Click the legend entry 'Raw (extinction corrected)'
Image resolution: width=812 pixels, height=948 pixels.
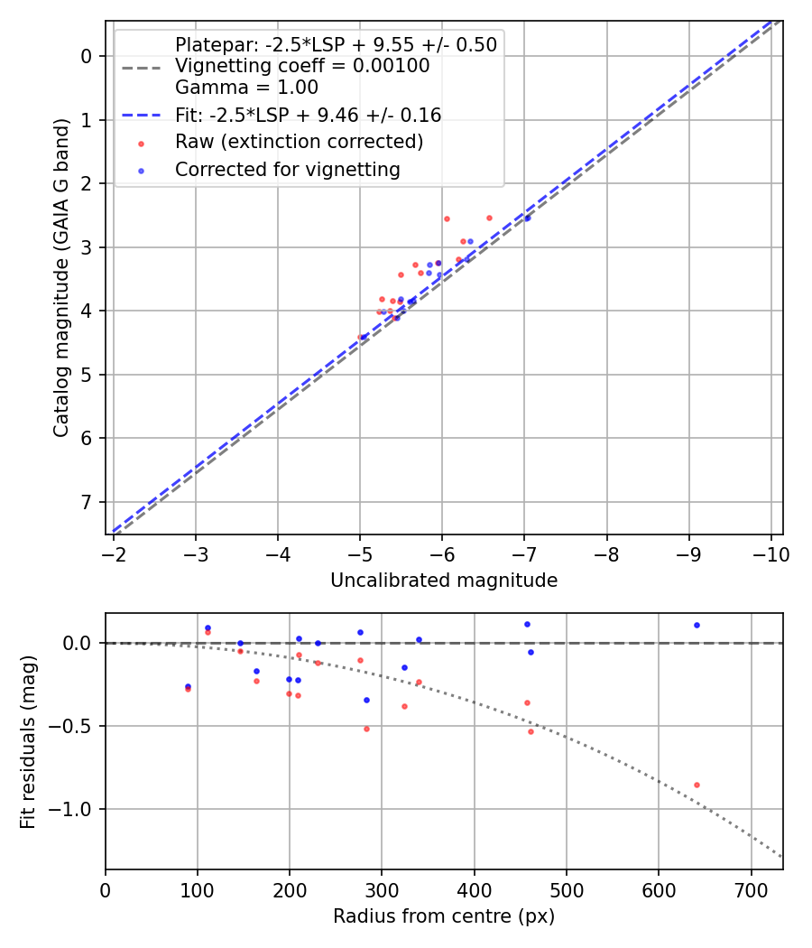299,142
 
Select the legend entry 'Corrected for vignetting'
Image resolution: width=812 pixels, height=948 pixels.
287,169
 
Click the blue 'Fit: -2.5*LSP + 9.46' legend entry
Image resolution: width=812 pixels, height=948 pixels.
308,115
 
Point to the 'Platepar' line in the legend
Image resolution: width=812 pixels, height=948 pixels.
336,45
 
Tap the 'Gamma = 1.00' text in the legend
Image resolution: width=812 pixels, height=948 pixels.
246,88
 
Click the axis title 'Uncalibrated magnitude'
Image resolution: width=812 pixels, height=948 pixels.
444,581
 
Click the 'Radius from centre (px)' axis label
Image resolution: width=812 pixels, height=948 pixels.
444,916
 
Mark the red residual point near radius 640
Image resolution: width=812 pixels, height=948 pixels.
697,785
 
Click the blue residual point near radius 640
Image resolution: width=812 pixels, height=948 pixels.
697,625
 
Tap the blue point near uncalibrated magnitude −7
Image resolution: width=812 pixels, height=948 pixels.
528,218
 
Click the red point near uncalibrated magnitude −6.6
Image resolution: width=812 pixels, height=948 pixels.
489,218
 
